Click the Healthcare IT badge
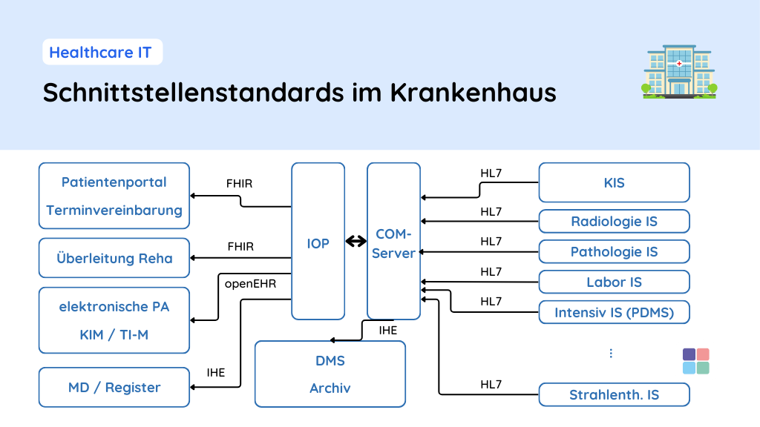[101, 53]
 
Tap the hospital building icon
[679, 72]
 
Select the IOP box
[318, 242]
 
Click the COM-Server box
[393, 242]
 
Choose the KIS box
[614, 182]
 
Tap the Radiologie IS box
[614, 221]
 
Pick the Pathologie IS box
[614, 251]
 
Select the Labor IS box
[614, 282]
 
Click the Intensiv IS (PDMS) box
[614, 312]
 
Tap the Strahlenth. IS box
[614, 394]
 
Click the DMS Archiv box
[330, 374]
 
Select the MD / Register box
[114, 387]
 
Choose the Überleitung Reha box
[114, 258]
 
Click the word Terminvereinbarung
[114, 210]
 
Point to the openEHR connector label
[250, 282]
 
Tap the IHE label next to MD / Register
[216, 372]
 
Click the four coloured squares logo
[695, 361]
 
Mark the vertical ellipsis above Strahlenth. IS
[611, 353]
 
